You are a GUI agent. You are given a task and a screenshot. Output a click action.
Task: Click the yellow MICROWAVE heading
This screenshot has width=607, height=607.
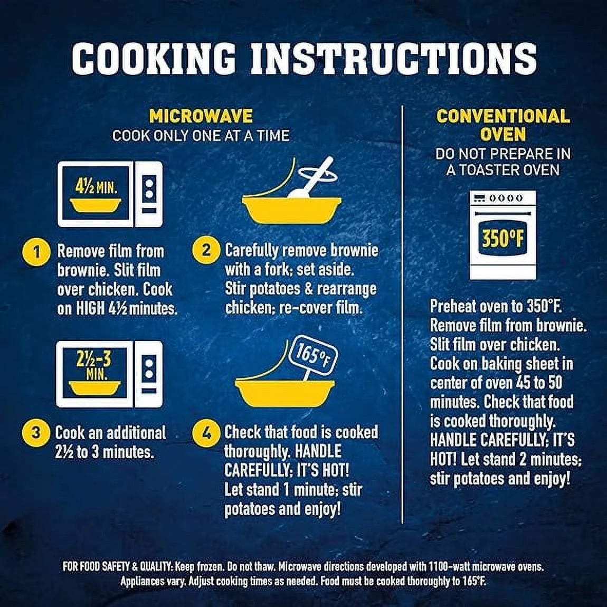tap(201, 116)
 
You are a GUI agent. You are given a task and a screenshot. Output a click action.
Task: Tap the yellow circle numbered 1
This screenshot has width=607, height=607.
tap(36, 252)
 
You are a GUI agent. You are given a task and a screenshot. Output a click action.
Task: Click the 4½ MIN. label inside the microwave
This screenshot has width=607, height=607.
tap(96, 188)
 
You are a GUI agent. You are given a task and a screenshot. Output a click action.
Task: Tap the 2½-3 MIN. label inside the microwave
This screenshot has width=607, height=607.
tap(93, 365)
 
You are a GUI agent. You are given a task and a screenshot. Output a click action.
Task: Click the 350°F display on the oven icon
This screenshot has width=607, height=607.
tap(503, 237)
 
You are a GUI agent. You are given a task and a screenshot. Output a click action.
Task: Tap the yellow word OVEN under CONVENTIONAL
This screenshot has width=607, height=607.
tap(503, 134)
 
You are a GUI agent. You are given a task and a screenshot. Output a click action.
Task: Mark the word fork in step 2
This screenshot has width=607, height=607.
tap(274, 269)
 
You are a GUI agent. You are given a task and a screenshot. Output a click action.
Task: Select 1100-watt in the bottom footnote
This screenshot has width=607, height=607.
tap(450, 567)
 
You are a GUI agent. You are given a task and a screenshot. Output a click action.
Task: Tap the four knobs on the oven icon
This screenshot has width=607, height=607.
tap(505, 198)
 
